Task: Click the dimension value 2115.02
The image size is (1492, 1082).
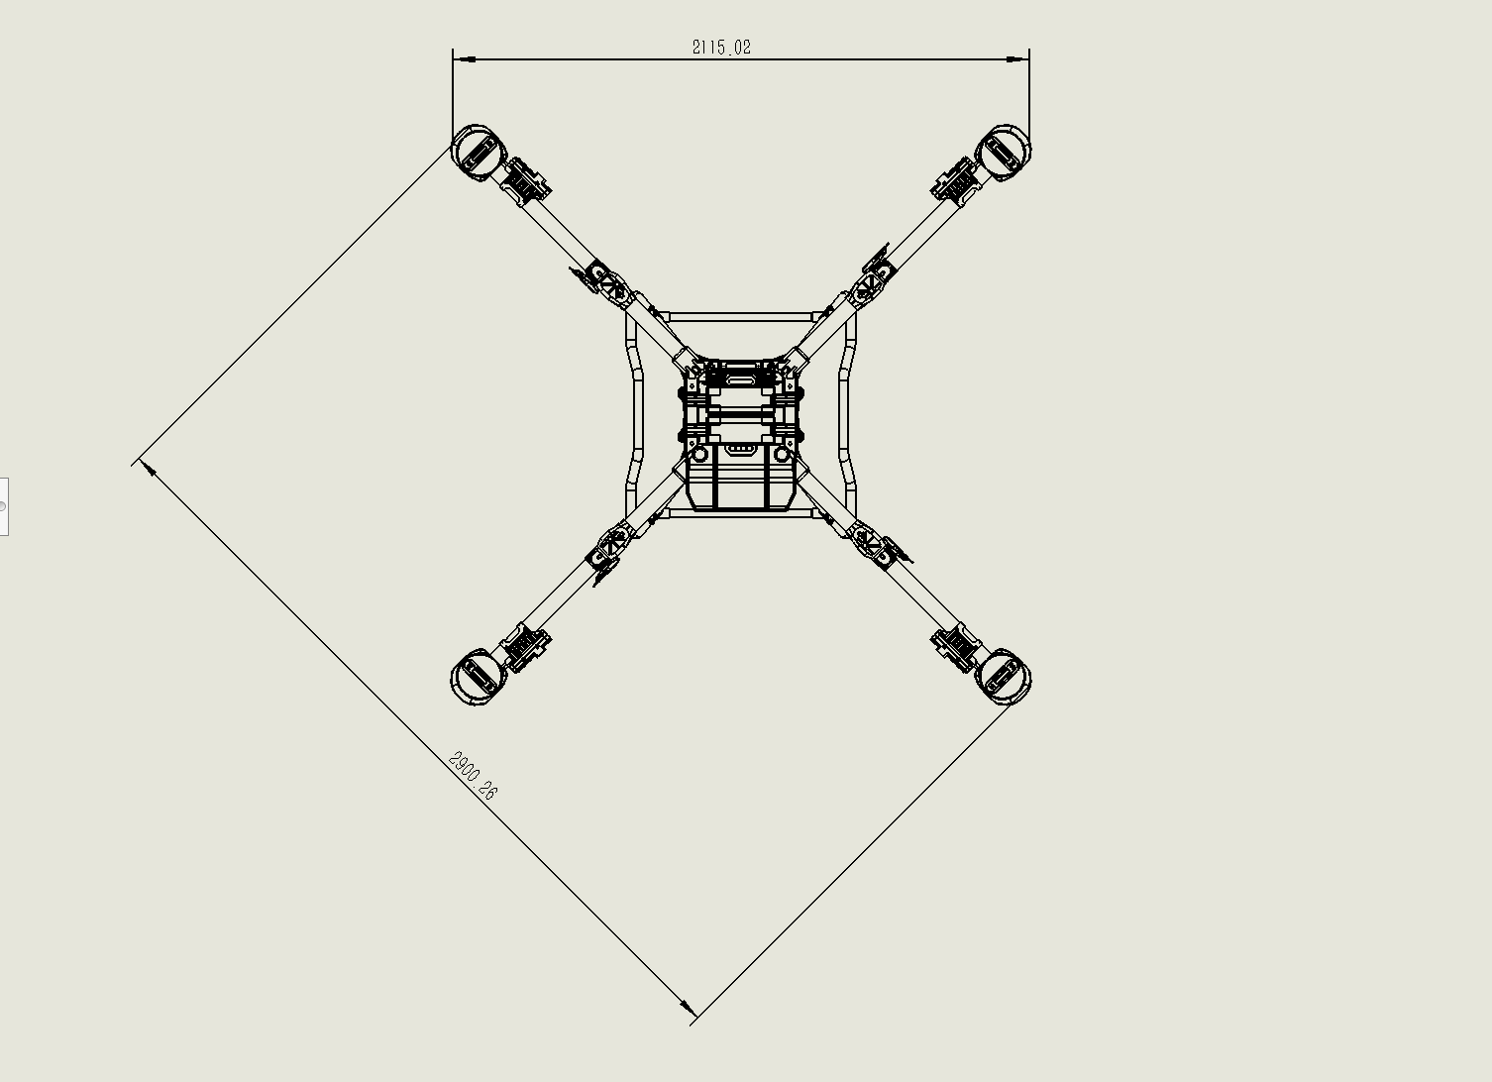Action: [721, 48]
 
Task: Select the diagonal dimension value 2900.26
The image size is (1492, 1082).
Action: [474, 776]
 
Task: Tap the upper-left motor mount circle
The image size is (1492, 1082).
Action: [476, 152]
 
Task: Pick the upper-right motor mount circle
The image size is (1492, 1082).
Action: [1004, 152]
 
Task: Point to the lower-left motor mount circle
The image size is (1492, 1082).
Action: [476, 677]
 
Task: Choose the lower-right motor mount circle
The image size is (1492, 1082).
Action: [1004, 677]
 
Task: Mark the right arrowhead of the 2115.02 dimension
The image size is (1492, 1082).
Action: [1017, 59]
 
